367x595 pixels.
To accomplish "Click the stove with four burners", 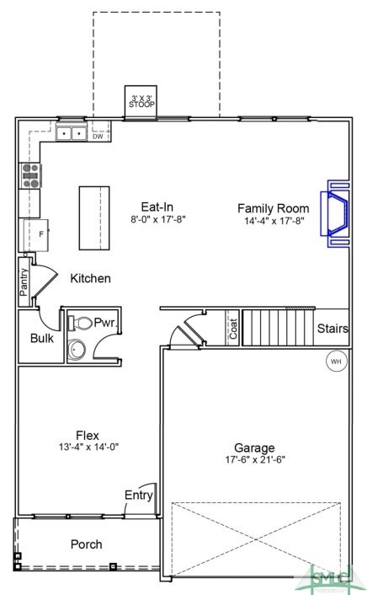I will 30,175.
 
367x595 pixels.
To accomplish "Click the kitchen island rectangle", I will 94,217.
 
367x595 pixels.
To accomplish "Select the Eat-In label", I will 157,206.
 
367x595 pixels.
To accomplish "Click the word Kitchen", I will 90,278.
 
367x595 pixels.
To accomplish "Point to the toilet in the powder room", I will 80,323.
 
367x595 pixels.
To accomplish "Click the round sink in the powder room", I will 77,350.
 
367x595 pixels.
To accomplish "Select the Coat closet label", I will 233,328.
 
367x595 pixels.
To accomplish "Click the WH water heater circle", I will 336,361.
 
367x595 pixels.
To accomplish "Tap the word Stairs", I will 332,329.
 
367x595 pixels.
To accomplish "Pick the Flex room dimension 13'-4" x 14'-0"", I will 88,448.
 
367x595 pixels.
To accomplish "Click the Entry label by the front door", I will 138,495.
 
